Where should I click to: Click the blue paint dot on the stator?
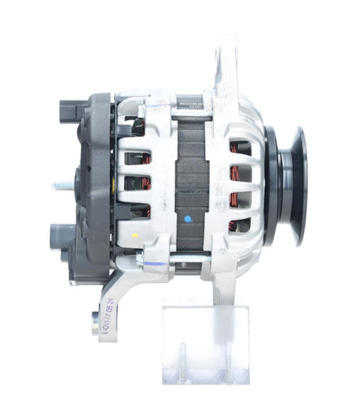(x=188, y=220)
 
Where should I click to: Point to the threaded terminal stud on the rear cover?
(x=63, y=184)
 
